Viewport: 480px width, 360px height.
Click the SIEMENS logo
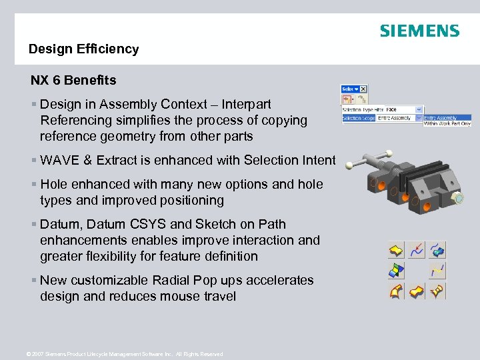(x=419, y=31)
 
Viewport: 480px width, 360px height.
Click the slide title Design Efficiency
(x=83, y=49)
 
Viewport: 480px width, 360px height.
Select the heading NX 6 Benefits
(x=73, y=81)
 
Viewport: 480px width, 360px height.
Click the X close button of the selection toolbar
(x=363, y=89)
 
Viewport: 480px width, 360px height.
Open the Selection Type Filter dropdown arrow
(x=419, y=109)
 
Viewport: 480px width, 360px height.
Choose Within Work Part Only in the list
(x=447, y=123)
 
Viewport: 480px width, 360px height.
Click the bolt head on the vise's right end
(x=459, y=199)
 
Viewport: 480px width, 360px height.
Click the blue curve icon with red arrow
(x=417, y=250)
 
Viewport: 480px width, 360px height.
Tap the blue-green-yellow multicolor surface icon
(x=396, y=271)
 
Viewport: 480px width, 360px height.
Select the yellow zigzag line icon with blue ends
(x=437, y=271)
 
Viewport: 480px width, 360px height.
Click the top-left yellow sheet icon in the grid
(x=396, y=250)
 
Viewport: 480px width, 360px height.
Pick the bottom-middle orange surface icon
(x=417, y=291)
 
